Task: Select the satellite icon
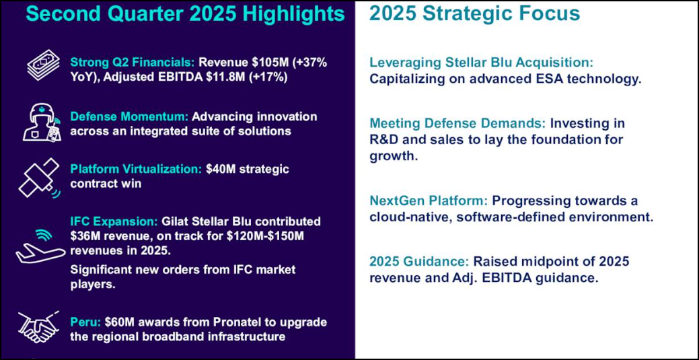39,177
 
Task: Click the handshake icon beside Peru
39,327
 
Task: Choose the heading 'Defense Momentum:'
128,117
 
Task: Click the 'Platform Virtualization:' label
137,170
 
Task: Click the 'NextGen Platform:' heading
429,201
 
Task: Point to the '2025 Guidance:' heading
419,262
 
